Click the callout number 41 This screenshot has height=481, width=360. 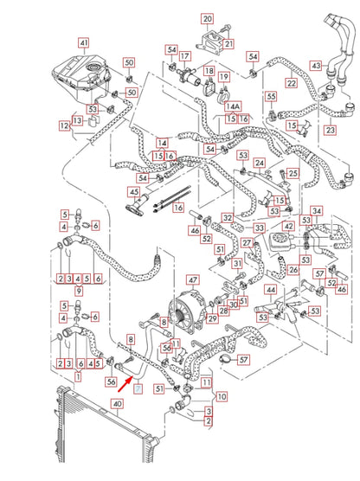coord(83,42)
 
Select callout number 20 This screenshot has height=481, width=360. coord(207,18)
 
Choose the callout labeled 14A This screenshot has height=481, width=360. coord(232,106)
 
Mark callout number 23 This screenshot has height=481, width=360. coord(330,130)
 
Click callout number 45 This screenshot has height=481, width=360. coord(133,191)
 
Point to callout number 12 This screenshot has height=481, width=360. coord(64,126)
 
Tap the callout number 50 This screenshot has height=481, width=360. coord(129,62)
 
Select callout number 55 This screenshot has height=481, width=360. coord(270,96)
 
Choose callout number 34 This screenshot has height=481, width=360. coord(317,210)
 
